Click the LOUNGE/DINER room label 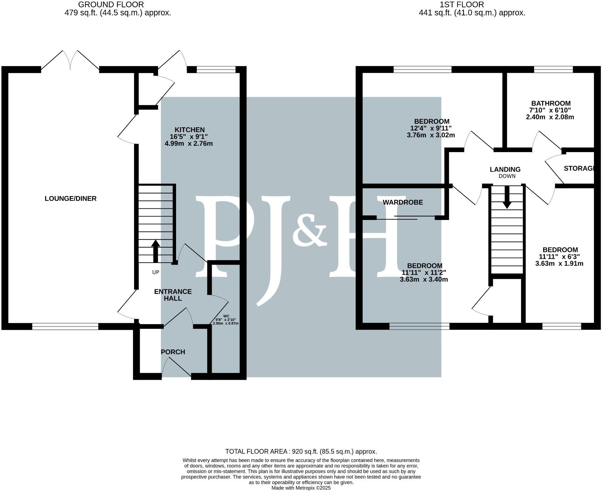70,199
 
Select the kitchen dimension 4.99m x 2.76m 188,144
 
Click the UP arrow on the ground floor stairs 155,251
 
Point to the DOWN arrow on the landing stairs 506,198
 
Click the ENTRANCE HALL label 173,295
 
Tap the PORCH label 173,352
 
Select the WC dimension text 226,321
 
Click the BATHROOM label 551,104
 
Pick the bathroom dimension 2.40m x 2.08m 550,117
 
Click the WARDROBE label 402,202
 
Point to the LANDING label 505,170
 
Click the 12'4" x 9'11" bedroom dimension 431,128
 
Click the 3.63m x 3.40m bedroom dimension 423,279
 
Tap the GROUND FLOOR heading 111,5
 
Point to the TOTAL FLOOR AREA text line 301,451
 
